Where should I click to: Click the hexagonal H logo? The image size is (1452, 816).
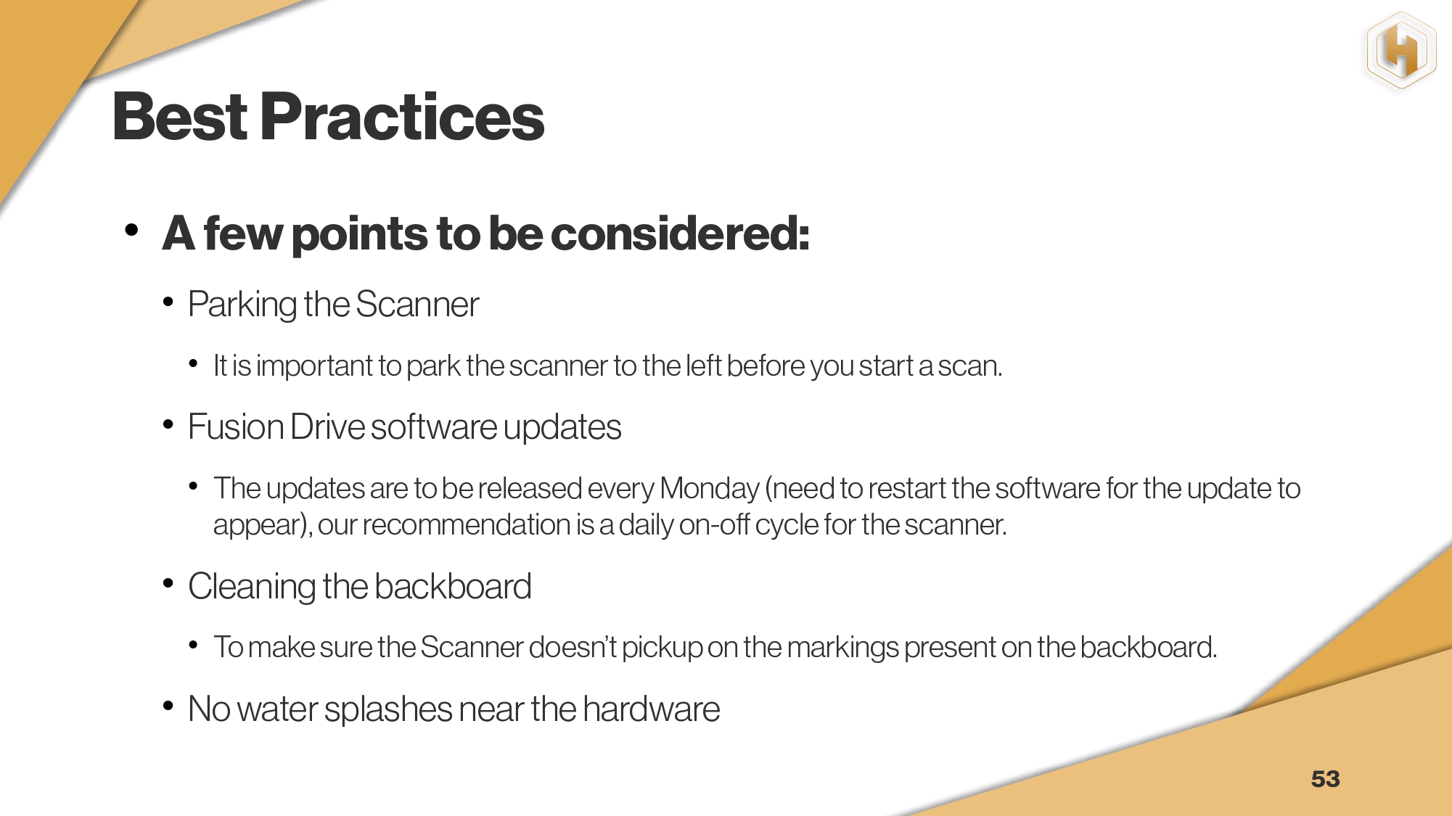click(1401, 51)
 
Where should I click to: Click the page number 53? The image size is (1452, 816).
click(1325, 779)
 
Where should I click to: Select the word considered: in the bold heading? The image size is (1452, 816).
click(680, 234)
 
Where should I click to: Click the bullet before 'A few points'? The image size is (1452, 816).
click(131, 230)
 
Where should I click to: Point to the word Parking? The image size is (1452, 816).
click(242, 305)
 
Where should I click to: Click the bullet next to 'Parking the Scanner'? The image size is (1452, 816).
click(168, 301)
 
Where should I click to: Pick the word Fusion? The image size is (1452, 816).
click(236, 426)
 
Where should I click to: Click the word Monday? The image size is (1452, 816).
click(710, 488)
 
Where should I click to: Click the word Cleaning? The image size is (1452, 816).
click(252, 587)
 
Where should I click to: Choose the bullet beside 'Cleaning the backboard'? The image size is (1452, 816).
click(168, 583)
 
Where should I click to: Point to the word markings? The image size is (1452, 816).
click(842, 648)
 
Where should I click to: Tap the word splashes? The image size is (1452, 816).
click(388, 709)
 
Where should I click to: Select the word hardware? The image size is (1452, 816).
click(651, 709)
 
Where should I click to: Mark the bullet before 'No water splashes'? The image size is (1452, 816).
click(168, 705)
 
